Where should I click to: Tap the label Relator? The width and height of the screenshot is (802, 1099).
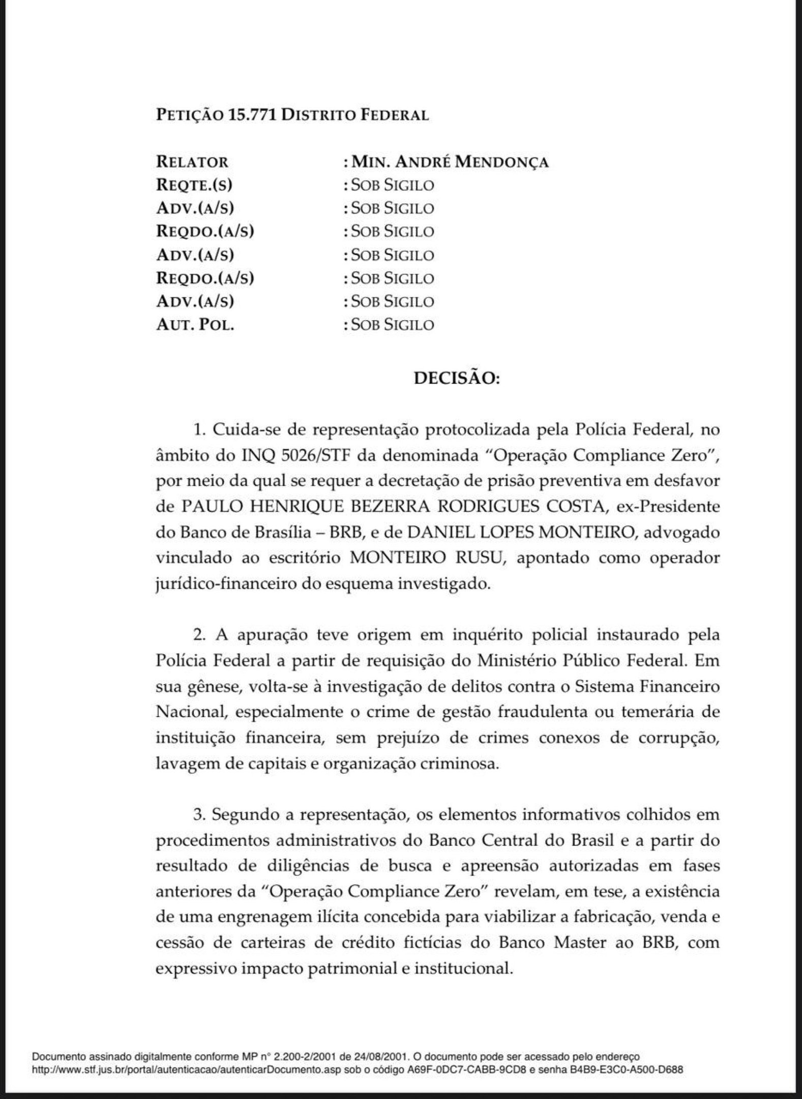(192, 162)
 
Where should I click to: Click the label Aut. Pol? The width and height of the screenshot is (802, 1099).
(195, 325)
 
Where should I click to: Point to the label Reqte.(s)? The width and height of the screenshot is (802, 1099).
(194, 185)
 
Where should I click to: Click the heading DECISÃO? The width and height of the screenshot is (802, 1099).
(456, 379)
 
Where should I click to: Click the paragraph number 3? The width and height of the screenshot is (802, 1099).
(198, 815)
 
